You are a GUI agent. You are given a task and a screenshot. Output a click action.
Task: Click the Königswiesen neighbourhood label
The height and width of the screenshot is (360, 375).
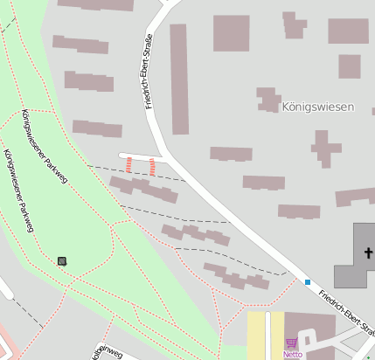click(x=318, y=107)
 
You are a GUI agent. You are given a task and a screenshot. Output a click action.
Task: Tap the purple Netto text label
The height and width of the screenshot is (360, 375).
click(x=292, y=355)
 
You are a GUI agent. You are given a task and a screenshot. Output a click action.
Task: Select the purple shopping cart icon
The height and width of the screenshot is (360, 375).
click(x=292, y=343)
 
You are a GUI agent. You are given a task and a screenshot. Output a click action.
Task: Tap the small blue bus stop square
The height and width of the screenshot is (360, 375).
click(x=308, y=281)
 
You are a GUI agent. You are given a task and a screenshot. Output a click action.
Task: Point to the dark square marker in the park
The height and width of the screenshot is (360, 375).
click(x=62, y=260)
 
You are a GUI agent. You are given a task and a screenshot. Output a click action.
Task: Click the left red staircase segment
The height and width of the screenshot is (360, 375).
click(x=129, y=165)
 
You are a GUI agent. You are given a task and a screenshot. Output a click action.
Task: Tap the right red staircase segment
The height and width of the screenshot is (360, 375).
click(x=152, y=166)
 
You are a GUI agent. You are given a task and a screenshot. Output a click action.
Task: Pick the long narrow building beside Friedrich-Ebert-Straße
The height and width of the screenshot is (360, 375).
click(x=178, y=79)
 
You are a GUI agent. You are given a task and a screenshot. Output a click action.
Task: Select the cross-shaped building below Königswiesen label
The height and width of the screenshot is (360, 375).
click(x=325, y=149)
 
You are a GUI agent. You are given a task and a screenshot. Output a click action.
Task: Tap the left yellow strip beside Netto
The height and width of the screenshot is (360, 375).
click(x=255, y=336)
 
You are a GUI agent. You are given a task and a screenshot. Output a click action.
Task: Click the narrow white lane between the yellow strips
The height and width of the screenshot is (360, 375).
click(x=267, y=336)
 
